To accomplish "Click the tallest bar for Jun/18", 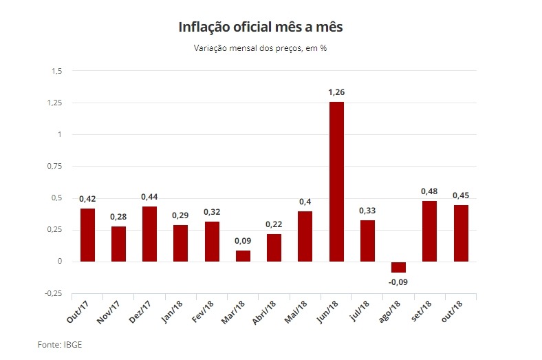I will (336, 182).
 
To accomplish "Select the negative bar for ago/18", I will (398, 267).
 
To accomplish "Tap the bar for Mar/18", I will (243, 256).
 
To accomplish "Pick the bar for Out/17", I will (87, 235).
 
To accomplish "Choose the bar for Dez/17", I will (149, 234).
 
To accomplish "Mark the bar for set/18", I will (429, 231).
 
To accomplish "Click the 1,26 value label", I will (336, 92).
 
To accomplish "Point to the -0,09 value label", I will (398, 281).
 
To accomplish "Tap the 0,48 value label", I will (429, 191).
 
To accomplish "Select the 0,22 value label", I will (274, 224).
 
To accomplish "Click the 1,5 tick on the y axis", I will (56, 71).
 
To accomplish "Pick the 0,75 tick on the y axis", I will (54, 166).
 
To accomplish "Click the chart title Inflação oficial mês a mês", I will (261, 28).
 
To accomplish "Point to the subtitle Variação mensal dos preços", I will (261, 49).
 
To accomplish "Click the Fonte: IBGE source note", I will (59, 343).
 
